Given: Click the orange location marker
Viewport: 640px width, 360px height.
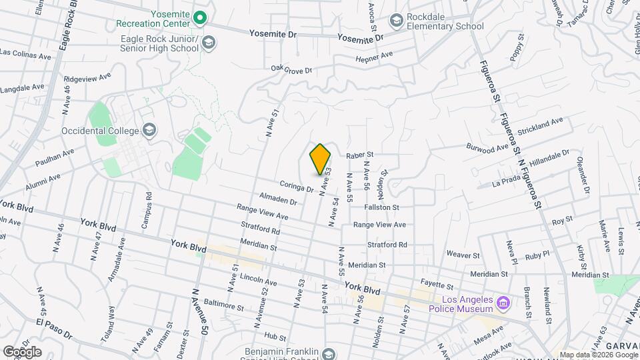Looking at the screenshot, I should (320, 159).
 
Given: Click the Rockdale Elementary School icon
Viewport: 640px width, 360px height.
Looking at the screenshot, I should (397, 21).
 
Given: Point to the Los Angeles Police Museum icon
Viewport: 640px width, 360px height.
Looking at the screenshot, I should (504, 304).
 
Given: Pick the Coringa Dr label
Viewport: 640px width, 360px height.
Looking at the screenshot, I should (297, 189).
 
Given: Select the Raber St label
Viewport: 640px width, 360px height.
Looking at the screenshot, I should (359, 155).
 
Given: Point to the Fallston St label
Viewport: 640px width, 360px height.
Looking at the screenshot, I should (381, 207).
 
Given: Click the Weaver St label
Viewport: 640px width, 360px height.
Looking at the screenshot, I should (463, 255).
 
